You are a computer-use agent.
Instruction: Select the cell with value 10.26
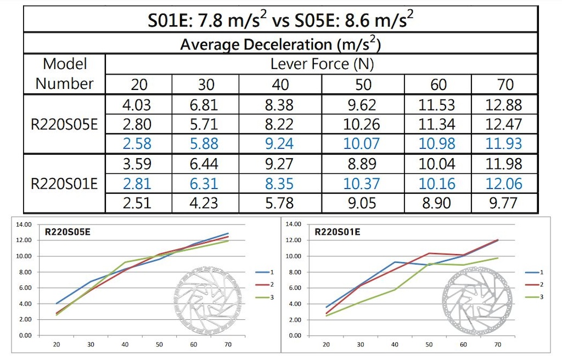tap(361, 125)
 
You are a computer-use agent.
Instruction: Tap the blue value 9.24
tap(279, 144)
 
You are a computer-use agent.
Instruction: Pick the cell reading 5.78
tap(279, 203)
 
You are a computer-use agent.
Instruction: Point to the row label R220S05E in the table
tap(65, 125)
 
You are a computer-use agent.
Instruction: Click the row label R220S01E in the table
tap(65, 183)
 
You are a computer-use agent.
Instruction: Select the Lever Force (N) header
tap(322, 64)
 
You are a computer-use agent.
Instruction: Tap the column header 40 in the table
tap(279, 85)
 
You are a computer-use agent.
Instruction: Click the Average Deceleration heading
tap(280, 43)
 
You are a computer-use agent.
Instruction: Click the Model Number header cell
tap(65, 74)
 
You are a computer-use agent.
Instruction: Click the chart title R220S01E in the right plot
tap(337, 232)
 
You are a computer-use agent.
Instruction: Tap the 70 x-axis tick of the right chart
tap(497, 345)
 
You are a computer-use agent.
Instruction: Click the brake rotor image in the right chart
tap(476, 301)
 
